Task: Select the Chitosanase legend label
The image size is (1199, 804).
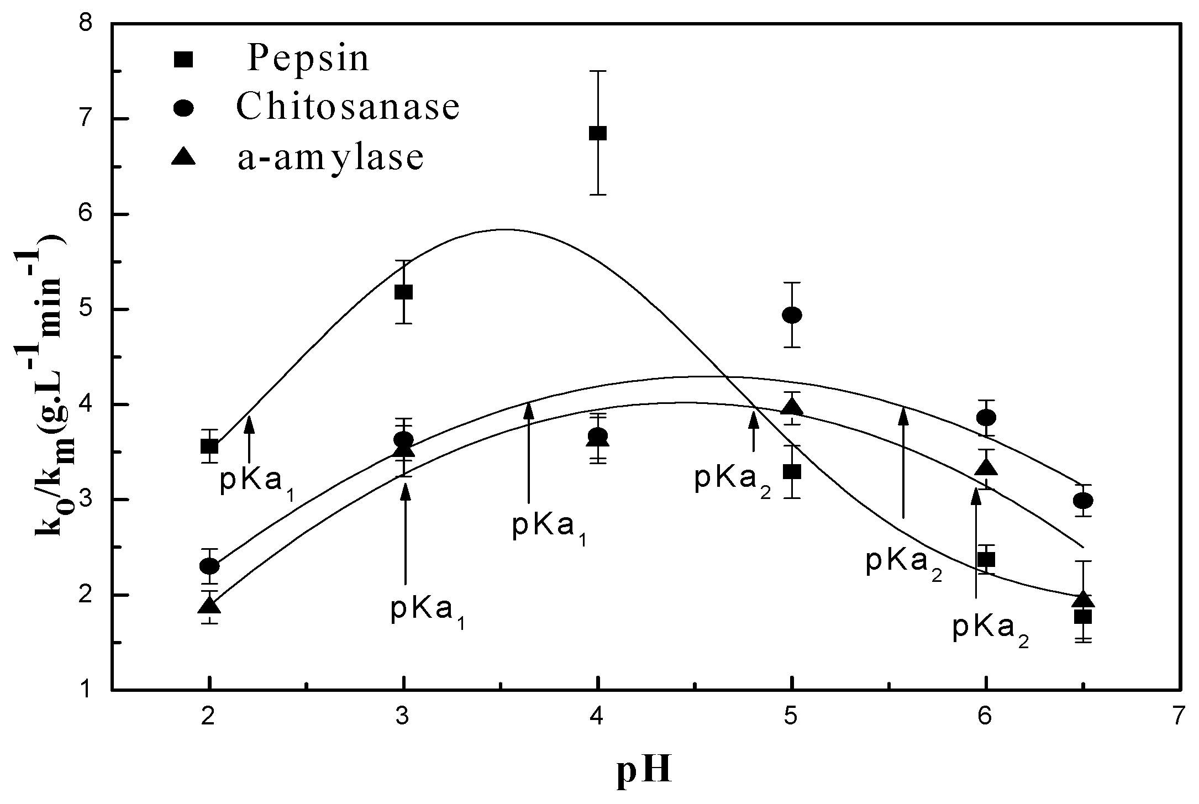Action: (x=348, y=107)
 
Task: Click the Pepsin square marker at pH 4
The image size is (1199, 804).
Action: (x=598, y=133)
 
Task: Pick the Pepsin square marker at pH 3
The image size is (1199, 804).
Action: (x=404, y=292)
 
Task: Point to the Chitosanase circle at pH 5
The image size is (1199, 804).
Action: (x=792, y=315)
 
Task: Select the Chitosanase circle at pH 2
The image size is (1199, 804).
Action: (x=209, y=566)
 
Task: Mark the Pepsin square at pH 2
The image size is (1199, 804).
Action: (x=209, y=446)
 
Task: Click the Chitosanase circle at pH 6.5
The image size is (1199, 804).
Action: (x=1083, y=501)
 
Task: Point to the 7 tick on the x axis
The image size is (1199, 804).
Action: (x=1180, y=718)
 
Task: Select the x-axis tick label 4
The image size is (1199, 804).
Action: (x=597, y=718)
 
